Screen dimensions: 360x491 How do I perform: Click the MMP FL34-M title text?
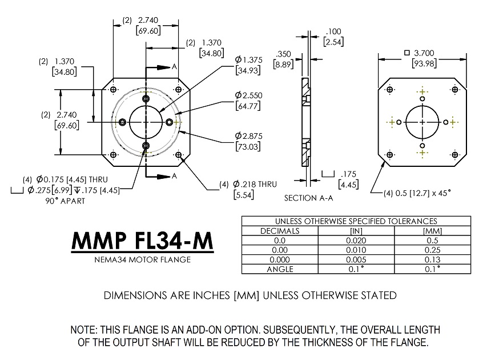click(x=142, y=242)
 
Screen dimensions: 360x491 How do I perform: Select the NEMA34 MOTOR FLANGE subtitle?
click(x=142, y=260)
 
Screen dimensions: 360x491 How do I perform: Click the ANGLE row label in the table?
click(x=280, y=269)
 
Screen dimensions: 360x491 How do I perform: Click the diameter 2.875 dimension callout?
click(x=247, y=136)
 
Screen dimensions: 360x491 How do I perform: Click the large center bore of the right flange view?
click(x=422, y=122)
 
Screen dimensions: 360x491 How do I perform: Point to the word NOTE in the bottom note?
click(x=84, y=331)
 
